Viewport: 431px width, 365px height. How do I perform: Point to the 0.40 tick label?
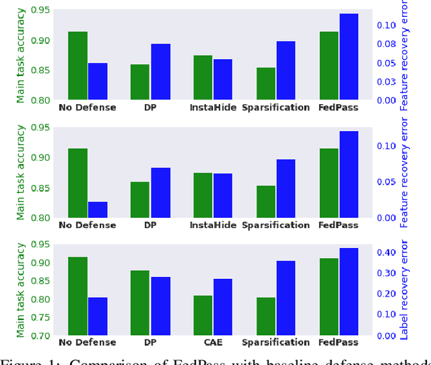(387, 253)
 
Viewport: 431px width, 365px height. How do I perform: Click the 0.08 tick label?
(387, 44)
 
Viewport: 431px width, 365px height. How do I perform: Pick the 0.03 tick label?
(387, 82)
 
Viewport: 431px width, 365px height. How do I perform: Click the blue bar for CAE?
(222, 307)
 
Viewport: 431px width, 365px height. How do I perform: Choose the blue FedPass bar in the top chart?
(348, 56)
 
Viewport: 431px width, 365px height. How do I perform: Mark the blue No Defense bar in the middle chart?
(97, 209)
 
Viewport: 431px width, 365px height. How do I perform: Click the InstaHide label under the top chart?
(213, 108)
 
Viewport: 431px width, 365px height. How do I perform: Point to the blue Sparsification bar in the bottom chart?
(286, 298)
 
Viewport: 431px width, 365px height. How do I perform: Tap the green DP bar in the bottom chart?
(139, 302)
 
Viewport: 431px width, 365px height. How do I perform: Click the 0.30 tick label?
(387, 274)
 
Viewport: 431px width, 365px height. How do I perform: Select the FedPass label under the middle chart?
(339, 225)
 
